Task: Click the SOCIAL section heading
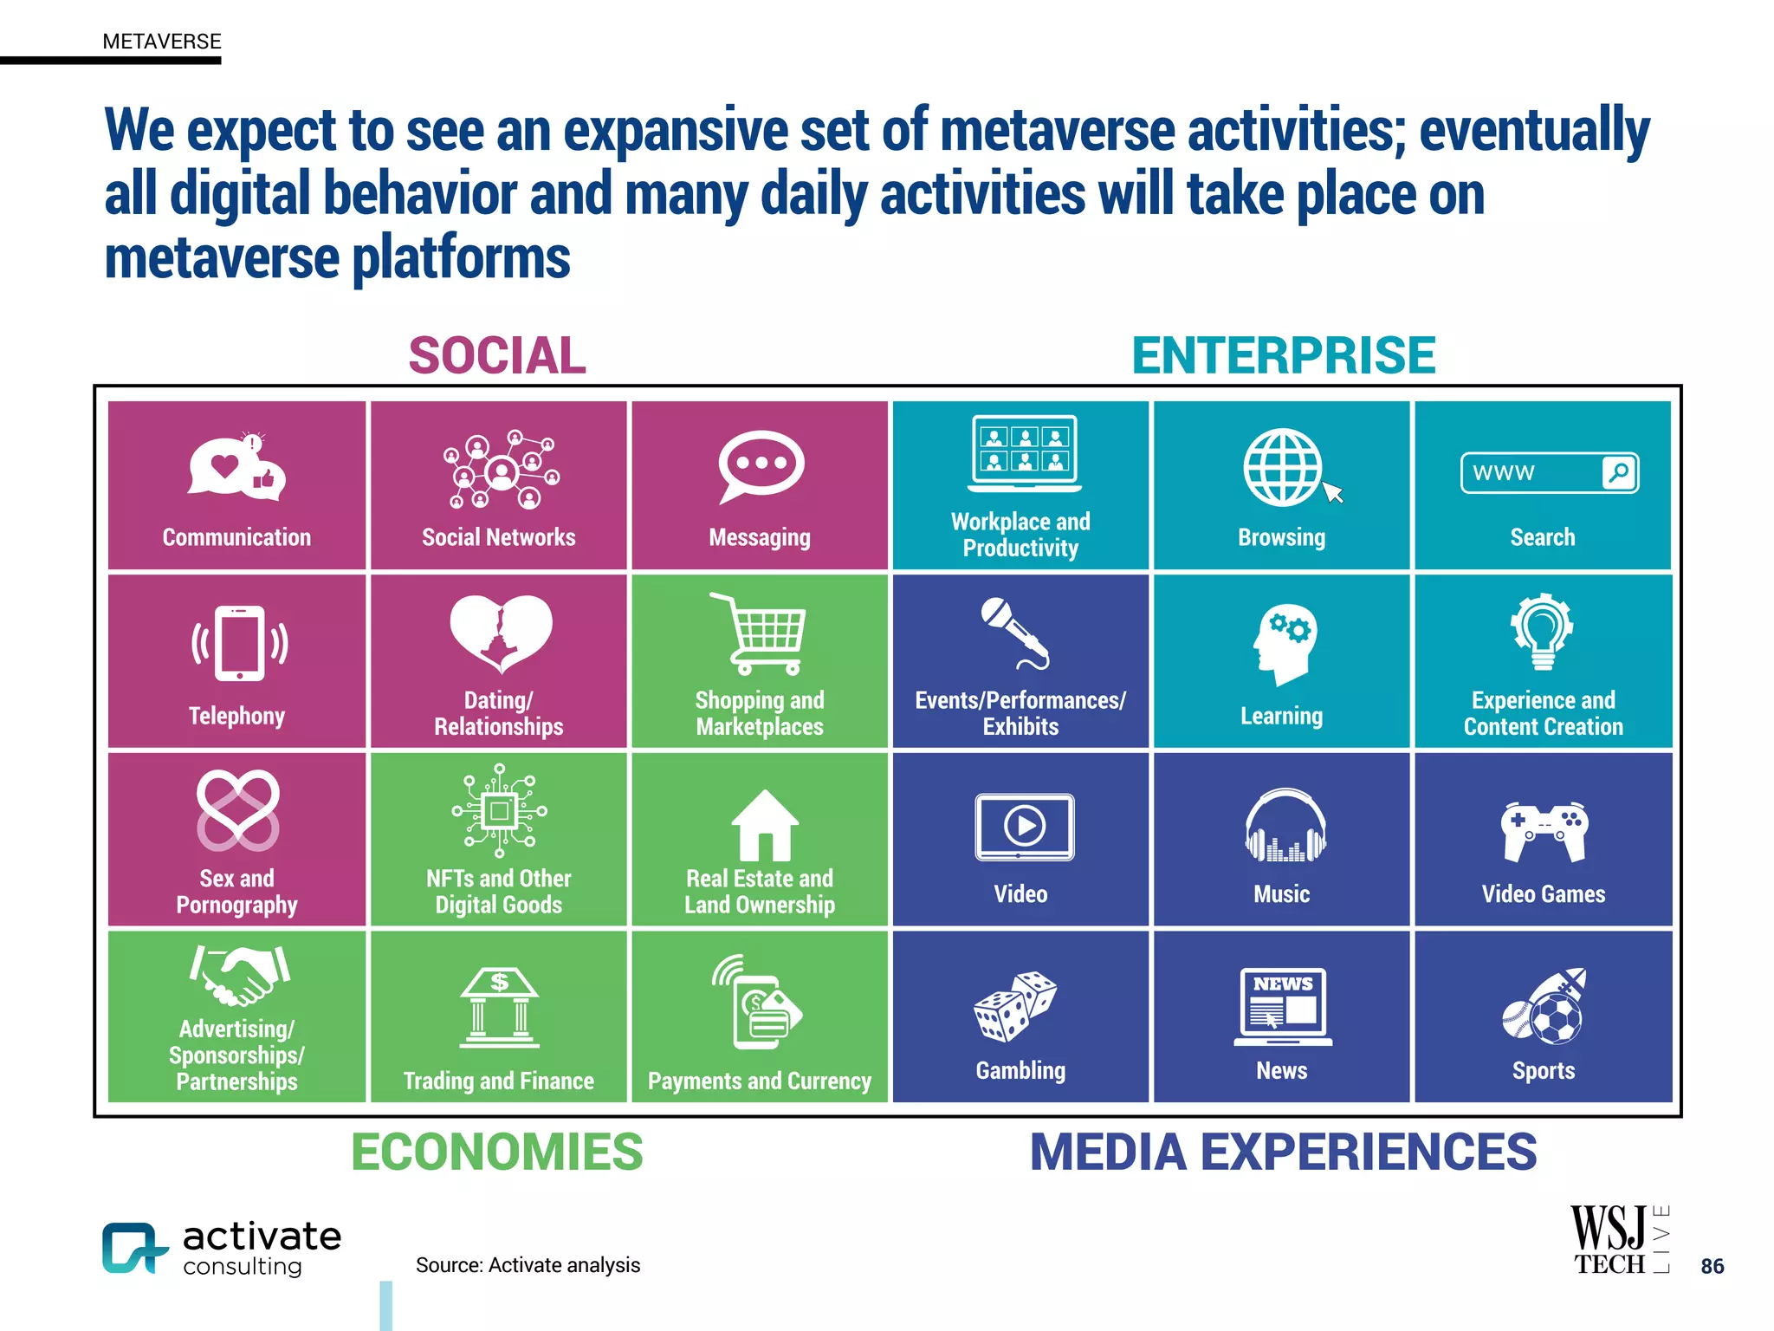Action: click(x=497, y=356)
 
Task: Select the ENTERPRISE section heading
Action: click(x=1283, y=356)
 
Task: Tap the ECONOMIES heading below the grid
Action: click(x=497, y=1152)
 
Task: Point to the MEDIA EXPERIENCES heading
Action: click(x=1283, y=1152)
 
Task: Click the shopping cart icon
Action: click(x=761, y=633)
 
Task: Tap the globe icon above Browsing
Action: click(x=1284, y=467)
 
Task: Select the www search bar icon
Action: click(x=1549, y=473)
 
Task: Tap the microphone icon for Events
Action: click(x=1014, y=633)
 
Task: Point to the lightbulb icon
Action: click(x=1543, y=632)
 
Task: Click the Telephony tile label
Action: click(x=236, y=716)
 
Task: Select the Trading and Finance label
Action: click(x=498, y=1081)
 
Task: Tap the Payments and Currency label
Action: click(x=760, y=1081)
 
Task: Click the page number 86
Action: click(x=1712, y=1266)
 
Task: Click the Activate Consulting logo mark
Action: click(x=133, y=1249)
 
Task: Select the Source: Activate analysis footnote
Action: click(x=528, y=1265)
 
